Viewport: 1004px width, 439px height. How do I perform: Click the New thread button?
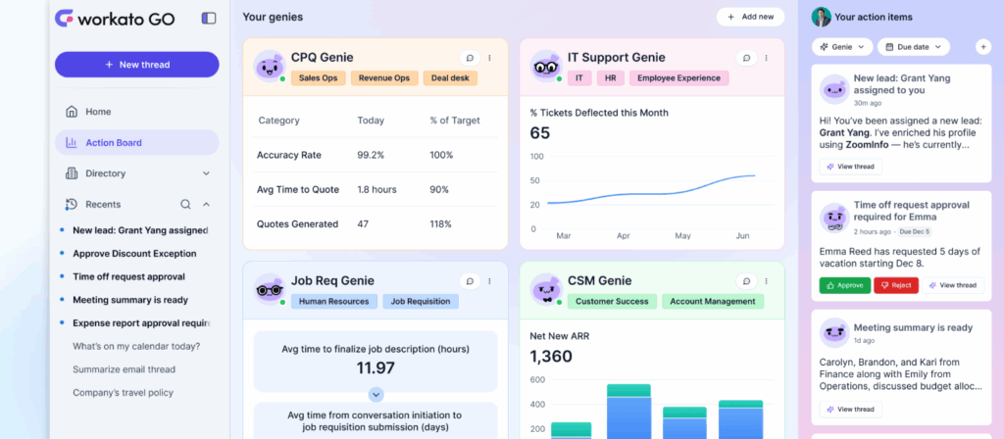click(x=136, y=65)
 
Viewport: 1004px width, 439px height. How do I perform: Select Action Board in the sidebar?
click(x=113, y=143)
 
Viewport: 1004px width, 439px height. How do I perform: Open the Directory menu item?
click(x=105, y=173)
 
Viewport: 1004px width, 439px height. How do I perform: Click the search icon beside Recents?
click(x=185, y=205)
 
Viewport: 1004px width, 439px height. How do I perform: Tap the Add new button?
click(x=750, y=17)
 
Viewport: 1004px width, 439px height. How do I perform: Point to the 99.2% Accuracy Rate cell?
click(x=371, y=155)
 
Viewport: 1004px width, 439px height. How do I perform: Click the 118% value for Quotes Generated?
click(x=441, y=224)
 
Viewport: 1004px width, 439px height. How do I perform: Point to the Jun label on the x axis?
click(x=742, y=236)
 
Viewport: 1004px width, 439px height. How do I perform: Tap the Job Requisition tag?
click(x=421, y=302)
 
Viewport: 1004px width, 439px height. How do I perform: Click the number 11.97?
click(x=376, y=367)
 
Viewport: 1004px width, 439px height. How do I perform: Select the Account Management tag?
click(x=713, y=302)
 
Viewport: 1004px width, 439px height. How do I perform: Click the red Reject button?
click(x=896, y=285)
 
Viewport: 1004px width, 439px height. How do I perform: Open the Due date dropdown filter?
click(x=914, y=46)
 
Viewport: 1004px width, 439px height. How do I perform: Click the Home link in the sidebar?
click(x=98, y=112)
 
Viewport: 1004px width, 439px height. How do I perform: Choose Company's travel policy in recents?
click(x=123, y=393)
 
